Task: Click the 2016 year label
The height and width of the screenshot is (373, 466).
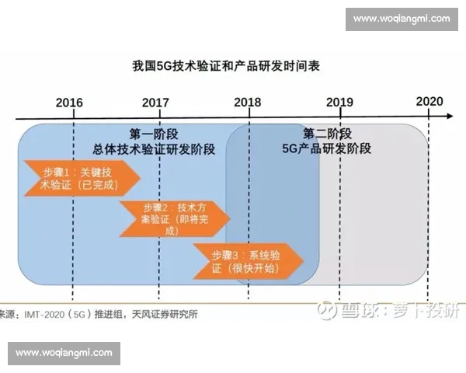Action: click(x=70, y=103)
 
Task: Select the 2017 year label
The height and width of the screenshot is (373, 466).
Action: click(x=156, y=103)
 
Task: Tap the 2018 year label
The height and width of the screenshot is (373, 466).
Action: click(x=248, y=103)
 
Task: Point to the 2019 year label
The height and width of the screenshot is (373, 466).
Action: click(x=339, y=103)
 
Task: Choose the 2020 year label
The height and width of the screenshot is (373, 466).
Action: click(x=429, y=102)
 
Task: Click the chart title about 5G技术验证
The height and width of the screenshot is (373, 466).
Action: click(x=226, y=67)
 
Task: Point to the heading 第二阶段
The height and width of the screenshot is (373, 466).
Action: click(x=327, y=133)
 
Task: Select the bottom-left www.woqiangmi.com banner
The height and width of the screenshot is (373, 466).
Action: click(x=65, y=353)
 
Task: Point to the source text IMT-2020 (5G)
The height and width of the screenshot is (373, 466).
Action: click(x=61, y=315)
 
